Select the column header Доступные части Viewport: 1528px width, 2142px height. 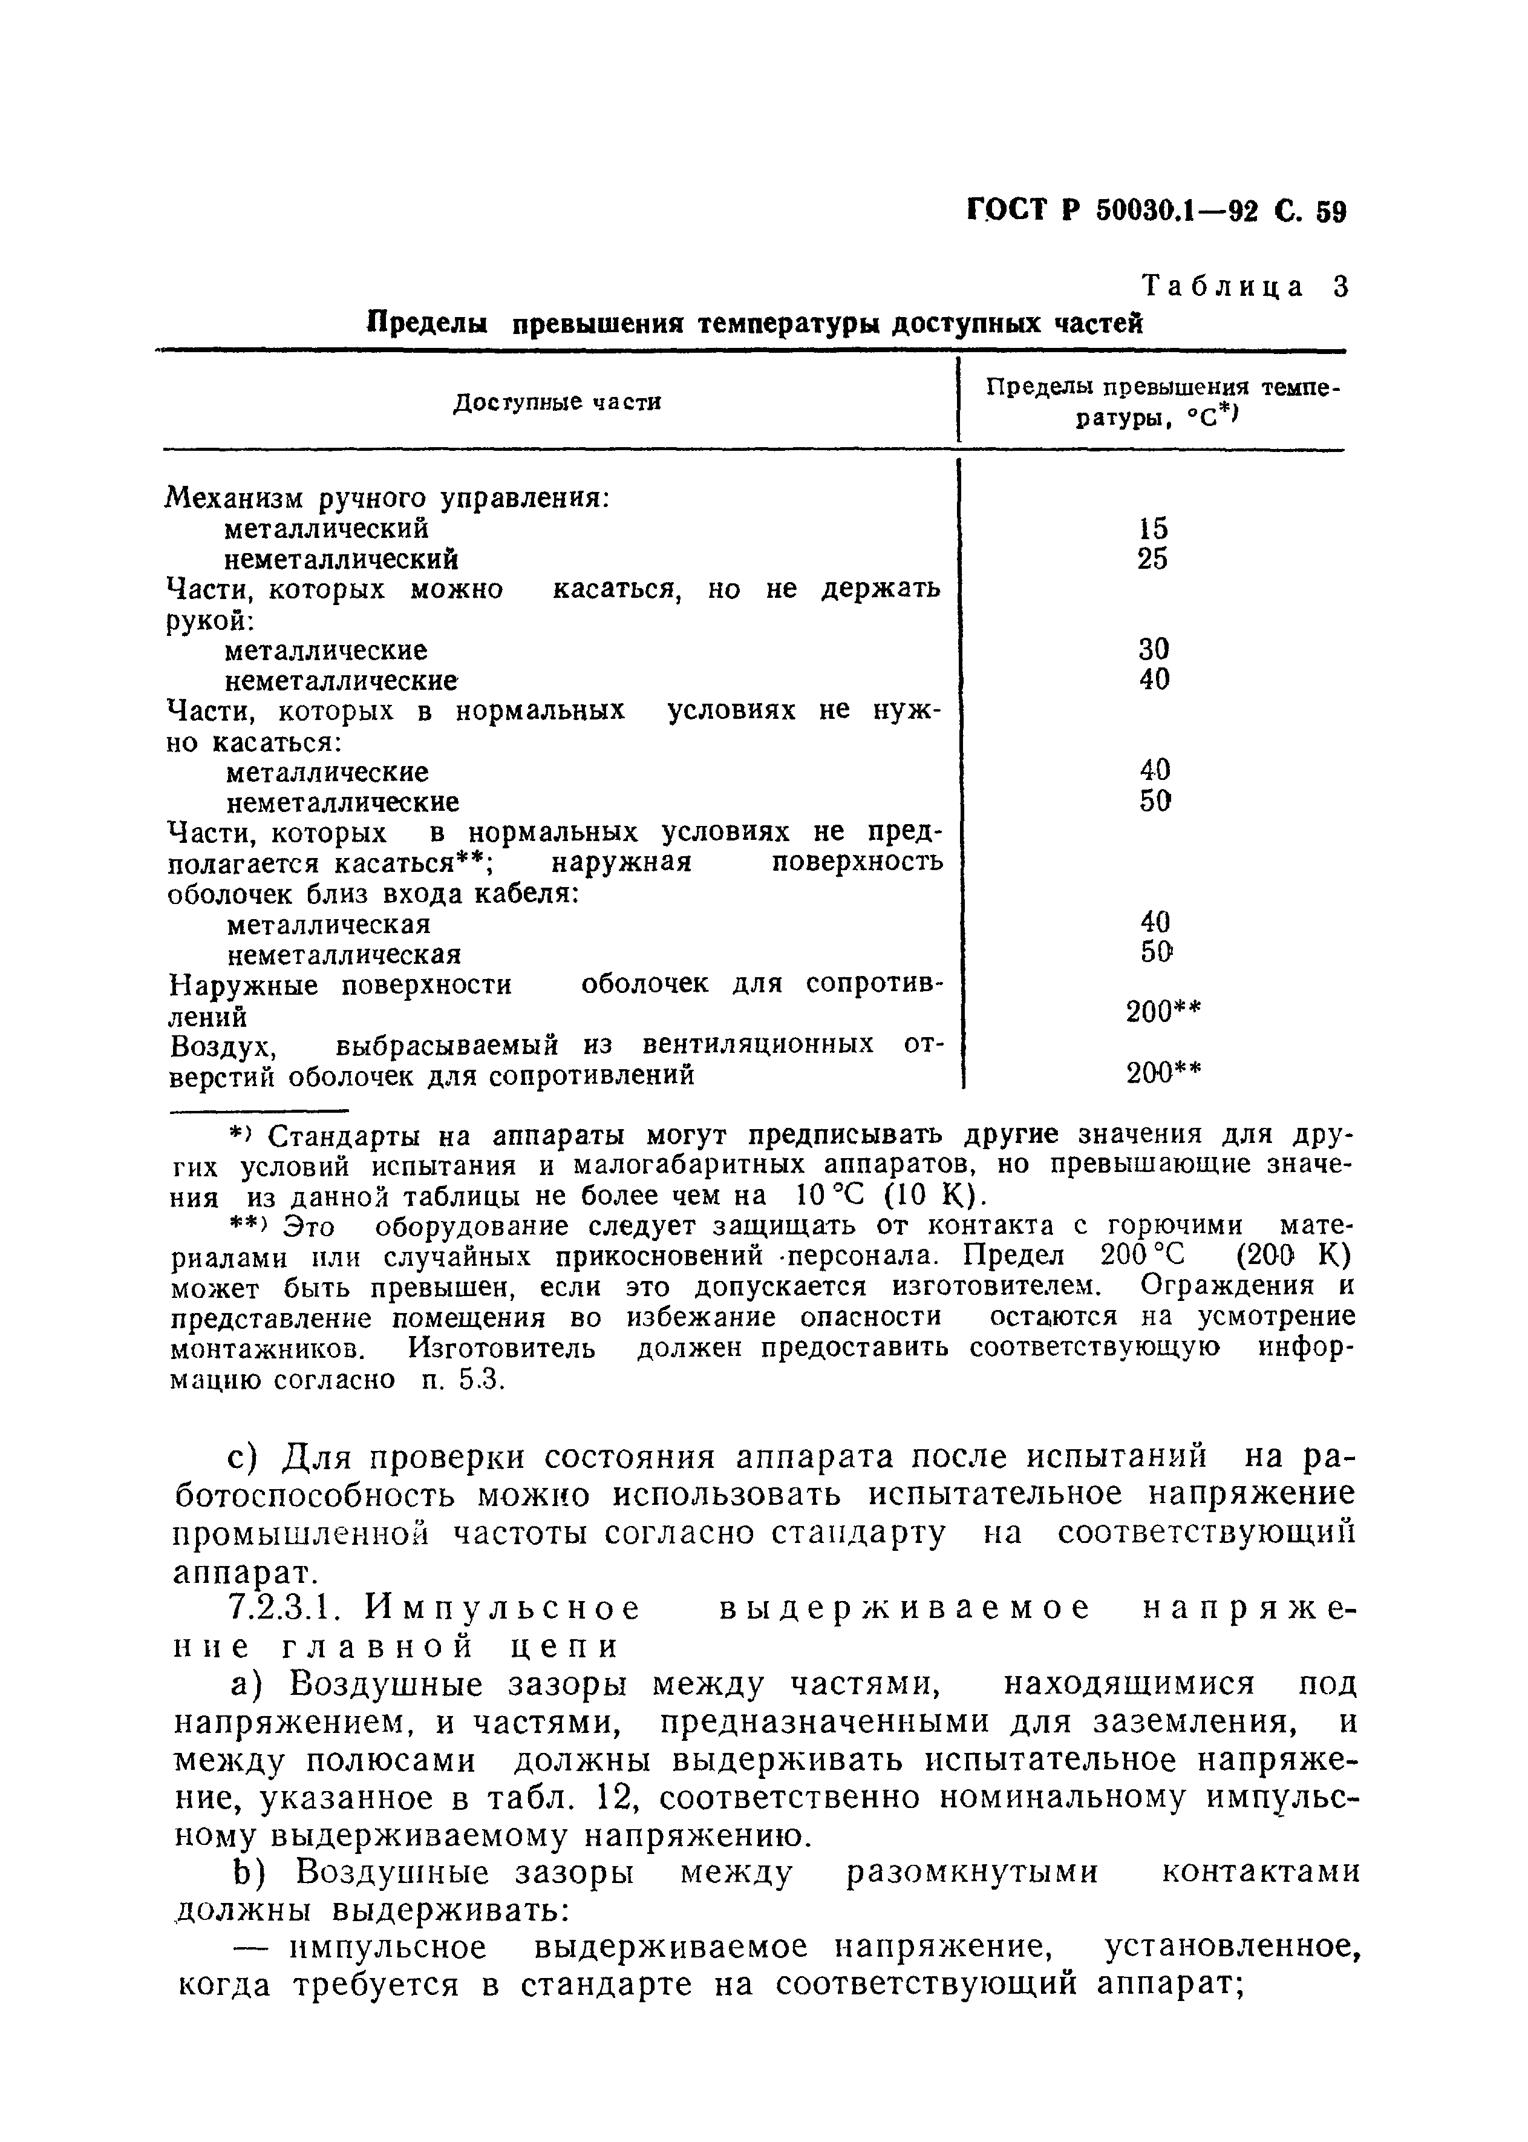click(x=557, y=403)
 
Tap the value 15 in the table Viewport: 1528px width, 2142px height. click(x=1152, y=529)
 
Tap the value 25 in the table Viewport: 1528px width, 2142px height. click(x=1152, y=559)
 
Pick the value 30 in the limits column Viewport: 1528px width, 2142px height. click(x=1152, y=649)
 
